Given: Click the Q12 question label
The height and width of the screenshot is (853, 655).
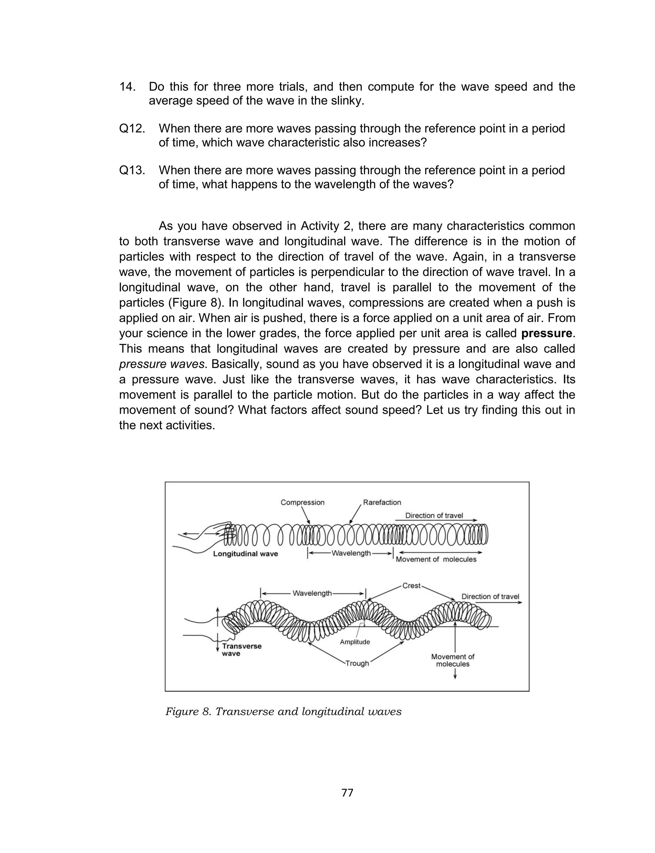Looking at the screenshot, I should pos(132,128).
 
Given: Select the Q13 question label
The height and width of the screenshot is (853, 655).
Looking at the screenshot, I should pos(132,170).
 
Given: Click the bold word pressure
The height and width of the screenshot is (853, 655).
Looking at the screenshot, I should pos(547,333).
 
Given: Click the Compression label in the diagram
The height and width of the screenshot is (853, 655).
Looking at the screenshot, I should pos(303,502).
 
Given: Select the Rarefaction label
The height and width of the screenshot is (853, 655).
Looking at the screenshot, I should pos(382,502).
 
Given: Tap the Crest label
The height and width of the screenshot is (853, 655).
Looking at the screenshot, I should pos(411,586).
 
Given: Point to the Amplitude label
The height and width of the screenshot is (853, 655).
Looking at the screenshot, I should pos(355,642).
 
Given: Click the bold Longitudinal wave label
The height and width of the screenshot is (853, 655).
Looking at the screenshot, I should pos(246,554).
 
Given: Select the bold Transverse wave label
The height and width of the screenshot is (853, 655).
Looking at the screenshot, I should pos(241,650).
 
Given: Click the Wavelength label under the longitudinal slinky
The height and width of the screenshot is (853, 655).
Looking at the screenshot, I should pos(351,553).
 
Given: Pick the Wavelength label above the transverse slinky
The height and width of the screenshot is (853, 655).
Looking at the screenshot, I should pos(312,593).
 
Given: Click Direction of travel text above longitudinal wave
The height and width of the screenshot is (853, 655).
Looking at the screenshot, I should pos(434,516).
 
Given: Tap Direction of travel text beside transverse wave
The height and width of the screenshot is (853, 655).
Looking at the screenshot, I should pos(490,597).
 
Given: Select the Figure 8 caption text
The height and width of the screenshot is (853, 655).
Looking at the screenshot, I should pos(283,712).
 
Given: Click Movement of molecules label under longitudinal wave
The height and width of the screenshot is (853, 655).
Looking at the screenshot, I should pos(436,559).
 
